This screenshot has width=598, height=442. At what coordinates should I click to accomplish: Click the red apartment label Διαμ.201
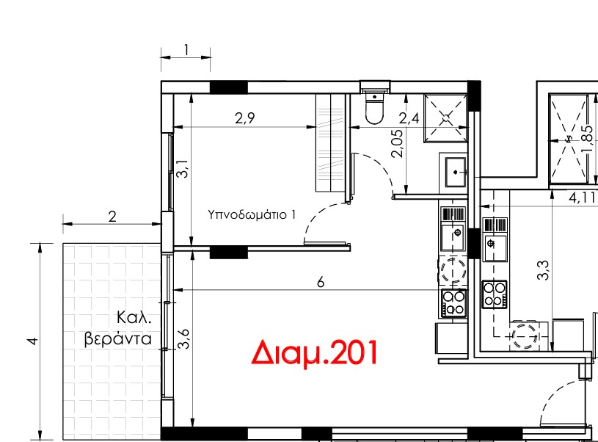[x=315, y=353]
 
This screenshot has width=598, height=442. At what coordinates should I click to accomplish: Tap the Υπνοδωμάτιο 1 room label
[x=252, y=215]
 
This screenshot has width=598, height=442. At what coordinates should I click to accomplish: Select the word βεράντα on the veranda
[x=118, y=339]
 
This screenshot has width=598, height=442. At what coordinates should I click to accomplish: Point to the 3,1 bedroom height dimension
[x=183, y=170]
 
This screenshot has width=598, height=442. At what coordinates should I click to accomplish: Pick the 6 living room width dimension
[x=320, y=283]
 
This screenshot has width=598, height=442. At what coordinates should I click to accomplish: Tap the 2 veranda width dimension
[x=112, y=217]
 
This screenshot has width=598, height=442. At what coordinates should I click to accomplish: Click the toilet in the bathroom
[x=374, y=108]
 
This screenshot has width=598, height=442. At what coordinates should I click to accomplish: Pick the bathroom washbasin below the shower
[x=455, y=171]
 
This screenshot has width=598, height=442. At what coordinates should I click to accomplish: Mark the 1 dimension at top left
[x=186, y=50]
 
